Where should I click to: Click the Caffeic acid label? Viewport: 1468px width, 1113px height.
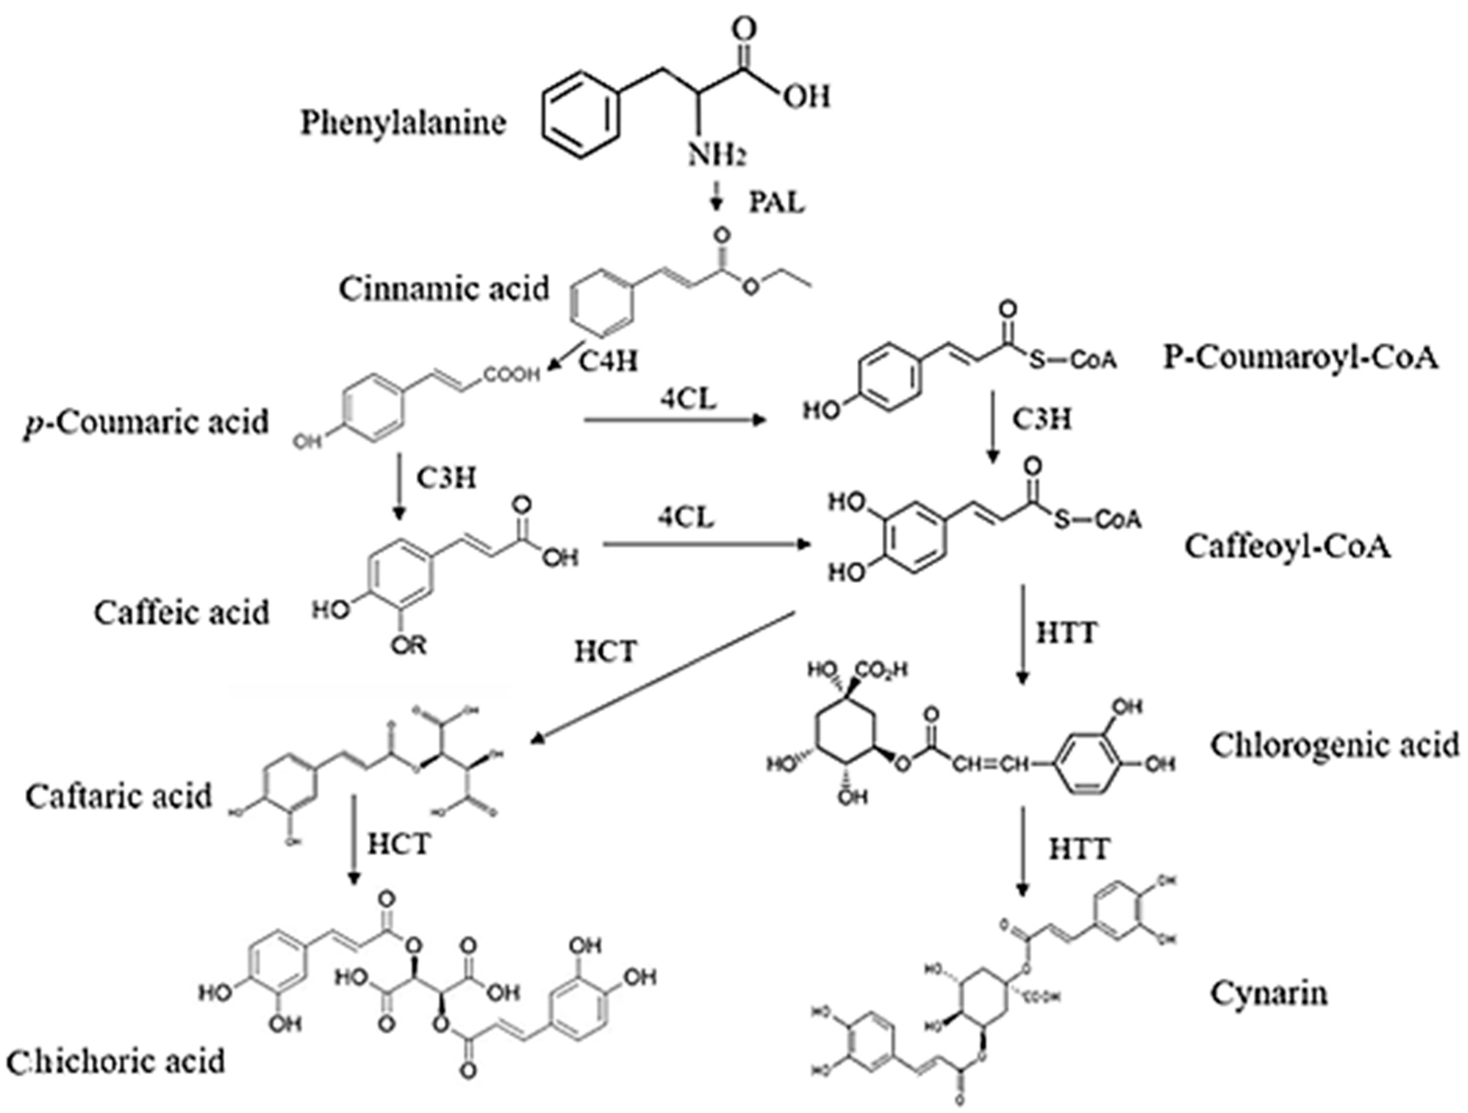click(181, 612)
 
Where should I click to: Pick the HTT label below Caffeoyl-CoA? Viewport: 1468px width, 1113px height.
click(1067, 633)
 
